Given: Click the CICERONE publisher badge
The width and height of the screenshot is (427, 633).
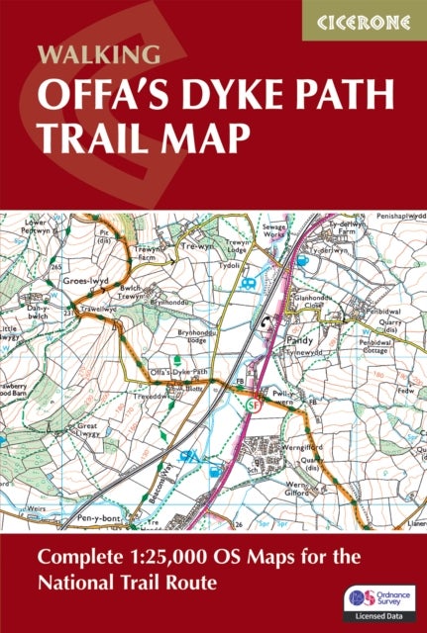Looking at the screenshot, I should pyautogui.click(x=363, y=20).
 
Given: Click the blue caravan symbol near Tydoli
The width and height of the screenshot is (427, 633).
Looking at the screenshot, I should pyautogui.click(x=251, y=282).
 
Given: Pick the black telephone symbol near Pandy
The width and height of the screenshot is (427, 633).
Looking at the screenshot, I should pyautogui.click(x=267, y=322).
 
